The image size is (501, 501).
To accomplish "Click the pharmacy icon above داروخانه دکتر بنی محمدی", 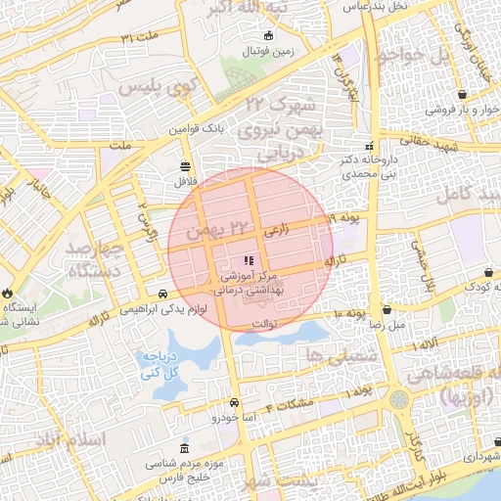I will click(x=368, y=146).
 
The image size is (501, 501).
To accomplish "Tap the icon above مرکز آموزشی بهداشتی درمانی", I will click(x=249, y=260).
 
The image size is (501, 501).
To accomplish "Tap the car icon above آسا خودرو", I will click(x=234, y=402).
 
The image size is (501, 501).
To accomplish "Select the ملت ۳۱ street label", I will click(x=140, y=36).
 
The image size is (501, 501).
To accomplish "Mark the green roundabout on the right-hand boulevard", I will click(x=398, y=400).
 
